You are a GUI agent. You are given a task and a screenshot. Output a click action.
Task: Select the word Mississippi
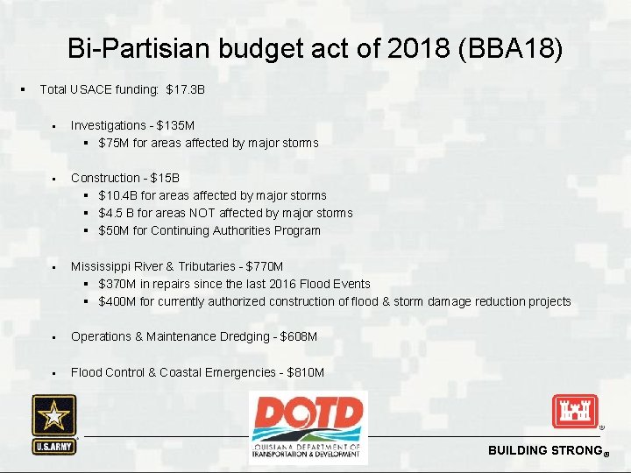[103, 266]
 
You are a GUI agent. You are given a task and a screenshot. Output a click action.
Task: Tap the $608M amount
[299, 337]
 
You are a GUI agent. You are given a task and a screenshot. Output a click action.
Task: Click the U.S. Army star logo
[54, 424]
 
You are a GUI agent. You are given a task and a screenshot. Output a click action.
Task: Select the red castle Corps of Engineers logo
[574, 411]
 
